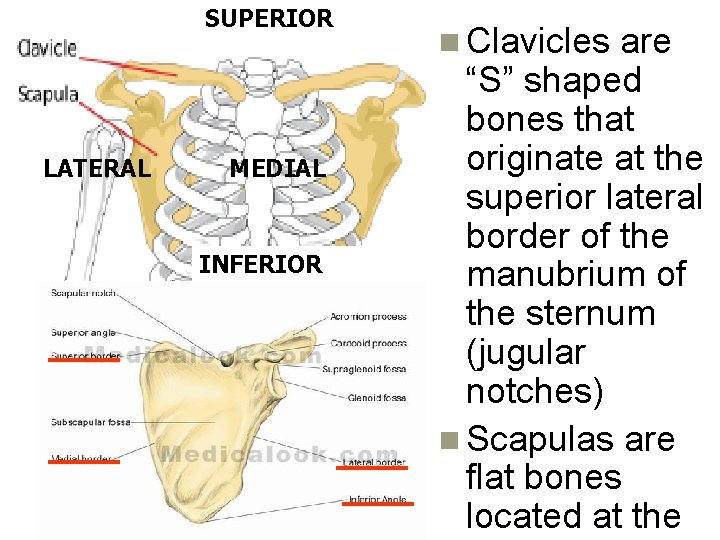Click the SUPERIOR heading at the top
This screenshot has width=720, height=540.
tap(268, 18)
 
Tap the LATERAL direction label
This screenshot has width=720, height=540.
tap(97, 168)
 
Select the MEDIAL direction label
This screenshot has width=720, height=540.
tap(278, 168)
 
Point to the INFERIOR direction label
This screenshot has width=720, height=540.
tap(260, 265)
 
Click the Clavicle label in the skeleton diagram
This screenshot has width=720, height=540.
tap(47, 49)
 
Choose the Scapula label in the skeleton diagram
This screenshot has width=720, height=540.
tap(47, 94)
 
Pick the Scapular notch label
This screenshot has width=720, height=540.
tap(84, 293)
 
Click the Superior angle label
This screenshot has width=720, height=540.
tap(83, 331)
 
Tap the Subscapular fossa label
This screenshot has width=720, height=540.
tap(89, 422)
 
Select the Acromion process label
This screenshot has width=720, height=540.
tap(368, 317)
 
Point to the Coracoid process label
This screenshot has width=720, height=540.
tap(368, 341)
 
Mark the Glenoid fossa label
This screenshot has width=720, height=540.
tap(376, 398)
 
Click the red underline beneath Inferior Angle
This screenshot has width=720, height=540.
tap(375, 506)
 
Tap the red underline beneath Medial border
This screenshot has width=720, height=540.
tap(85, 463)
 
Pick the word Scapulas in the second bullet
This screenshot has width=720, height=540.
tap(535, 439)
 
